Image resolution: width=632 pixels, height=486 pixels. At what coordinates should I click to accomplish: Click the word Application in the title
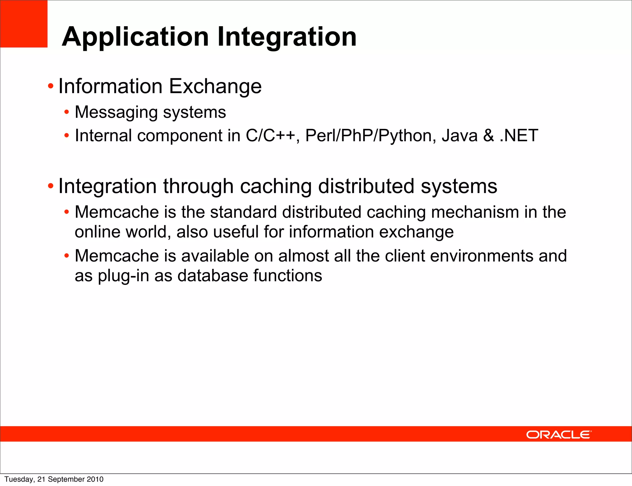click(135, 37)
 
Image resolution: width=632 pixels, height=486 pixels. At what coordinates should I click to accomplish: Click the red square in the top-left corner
click(23, 23)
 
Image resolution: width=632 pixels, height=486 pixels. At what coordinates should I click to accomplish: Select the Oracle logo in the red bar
click(559, 435)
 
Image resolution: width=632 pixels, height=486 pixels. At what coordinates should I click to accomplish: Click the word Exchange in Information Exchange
click(215, 86)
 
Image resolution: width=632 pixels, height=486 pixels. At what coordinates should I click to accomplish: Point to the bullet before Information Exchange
click(51, 86)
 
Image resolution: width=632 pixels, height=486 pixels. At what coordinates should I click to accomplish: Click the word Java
click(459, 136)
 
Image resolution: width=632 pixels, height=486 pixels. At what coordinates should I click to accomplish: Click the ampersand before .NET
click(489, 136)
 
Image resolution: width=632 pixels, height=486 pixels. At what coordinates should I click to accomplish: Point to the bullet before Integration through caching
click(51, 186)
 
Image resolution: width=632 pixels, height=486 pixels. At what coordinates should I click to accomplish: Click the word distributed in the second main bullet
click(366, 186)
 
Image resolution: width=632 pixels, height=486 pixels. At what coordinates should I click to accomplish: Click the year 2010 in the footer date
click(95, 479)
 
